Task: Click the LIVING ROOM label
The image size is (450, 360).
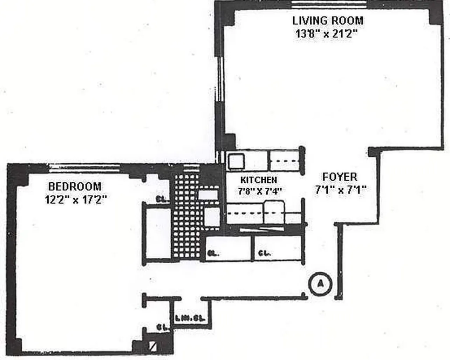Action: click(328, 21)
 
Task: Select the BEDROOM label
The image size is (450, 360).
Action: click(75, 186)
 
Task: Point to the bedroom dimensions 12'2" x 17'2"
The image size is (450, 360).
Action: click(75, 199)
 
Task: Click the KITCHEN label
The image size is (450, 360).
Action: click(259, 180)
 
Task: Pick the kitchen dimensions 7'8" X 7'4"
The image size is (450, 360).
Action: click(260, 191)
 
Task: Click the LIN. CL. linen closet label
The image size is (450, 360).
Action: click(190, 319)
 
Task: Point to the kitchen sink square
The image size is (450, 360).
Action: click(234, 161)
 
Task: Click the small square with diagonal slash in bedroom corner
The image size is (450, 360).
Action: click(152, 346)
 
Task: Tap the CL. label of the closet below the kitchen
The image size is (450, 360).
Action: click(264, 253)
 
